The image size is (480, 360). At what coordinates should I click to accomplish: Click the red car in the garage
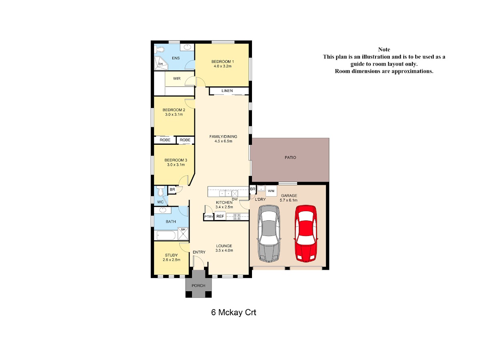(x=305, y=234)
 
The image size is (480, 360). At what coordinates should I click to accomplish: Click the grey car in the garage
(x=269, y=234)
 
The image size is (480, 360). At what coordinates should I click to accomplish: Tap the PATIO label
(x=290, y=157)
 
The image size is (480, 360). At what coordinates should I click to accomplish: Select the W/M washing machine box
(x=271, y=191)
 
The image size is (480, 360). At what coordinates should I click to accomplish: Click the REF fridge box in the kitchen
(x=220, y=216)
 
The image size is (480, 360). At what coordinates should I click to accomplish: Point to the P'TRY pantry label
(x=208, y=217)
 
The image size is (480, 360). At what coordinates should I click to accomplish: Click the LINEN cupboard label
(x=227, y=91)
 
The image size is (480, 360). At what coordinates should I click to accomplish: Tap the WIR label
(x=177, y=78)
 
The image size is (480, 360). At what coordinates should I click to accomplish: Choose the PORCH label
(x=198, y=286)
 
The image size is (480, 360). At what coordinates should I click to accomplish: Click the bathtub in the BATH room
(x=165, y=236)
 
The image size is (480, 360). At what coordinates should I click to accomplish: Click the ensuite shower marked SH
(x=161, y=63)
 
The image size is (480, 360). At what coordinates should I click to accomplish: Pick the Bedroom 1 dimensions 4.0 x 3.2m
(x=222, y=66)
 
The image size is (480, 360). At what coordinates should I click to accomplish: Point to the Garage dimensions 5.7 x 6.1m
(x=288, y=200)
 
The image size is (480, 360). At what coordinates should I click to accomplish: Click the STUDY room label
(x=171, y=255)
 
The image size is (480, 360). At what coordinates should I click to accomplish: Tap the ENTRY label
(x=199, y=252)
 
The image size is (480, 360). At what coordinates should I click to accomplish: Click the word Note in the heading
(x=384, y=50)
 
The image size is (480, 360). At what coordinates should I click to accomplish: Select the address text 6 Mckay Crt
(x=234, y=312)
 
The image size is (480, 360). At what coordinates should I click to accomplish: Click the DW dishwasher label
(x=234, y=199)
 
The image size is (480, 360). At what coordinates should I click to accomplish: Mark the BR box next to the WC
(x=172, y=190)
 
